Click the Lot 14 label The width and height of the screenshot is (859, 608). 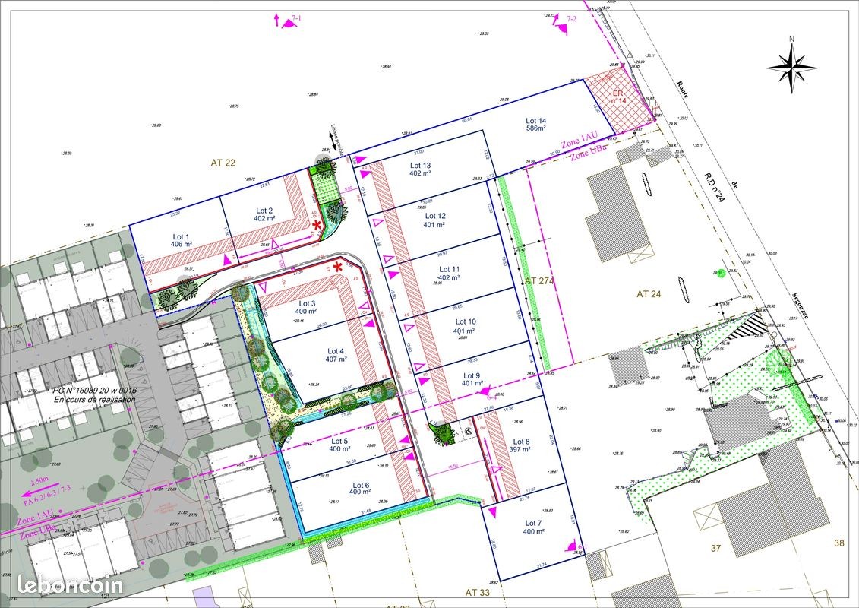[x=536, y=121]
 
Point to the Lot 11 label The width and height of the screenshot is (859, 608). [x=450, y=269]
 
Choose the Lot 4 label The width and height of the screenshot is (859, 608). [x=335, y=351]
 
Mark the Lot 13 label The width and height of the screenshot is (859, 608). [x=421, y=165]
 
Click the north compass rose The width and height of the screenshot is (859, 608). [x=791, y=65]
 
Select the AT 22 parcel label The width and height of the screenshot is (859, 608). [x=224, y=163]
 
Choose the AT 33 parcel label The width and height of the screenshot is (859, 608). [x=480, y=591]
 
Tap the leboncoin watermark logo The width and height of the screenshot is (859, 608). [x=70, y=584]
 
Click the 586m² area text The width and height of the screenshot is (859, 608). [x=536, y=129]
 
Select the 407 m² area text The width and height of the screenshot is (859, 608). [x=335, y=359]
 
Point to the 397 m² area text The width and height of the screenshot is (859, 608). [x=520, y=450]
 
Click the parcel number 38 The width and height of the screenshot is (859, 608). [x=838, y=543]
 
